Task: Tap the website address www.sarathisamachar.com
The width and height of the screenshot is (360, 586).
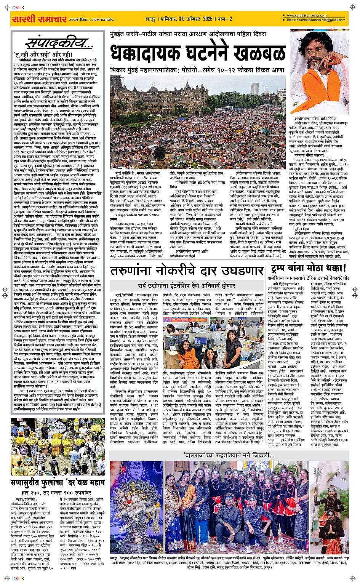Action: [x=307, y=16]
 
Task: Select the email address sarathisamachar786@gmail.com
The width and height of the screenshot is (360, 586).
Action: [x=316, y=20]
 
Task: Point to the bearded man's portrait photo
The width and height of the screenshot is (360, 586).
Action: [x=319, y=72]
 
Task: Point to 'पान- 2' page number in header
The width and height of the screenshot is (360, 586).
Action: [x=226, y=19]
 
